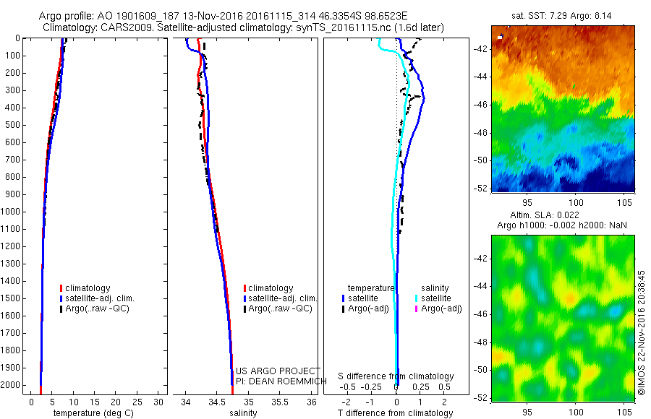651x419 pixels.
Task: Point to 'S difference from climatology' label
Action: pyautogui.click(x=396, y=376)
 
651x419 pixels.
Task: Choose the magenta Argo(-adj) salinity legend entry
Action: pyautogui.click(x=441, y=308)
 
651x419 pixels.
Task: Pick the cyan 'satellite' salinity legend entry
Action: pyautogui.click(x=436, y=298)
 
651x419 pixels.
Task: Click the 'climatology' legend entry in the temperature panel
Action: pyautogui.click(x=88, y=288)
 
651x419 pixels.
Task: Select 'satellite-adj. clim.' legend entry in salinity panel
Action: pyautogui.click(x=281, y=298)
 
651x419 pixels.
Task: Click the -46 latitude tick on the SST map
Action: pyautogui.click(x=481, y=104)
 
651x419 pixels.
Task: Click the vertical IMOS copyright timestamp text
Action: pyautogui.click(x=642, y=332)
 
